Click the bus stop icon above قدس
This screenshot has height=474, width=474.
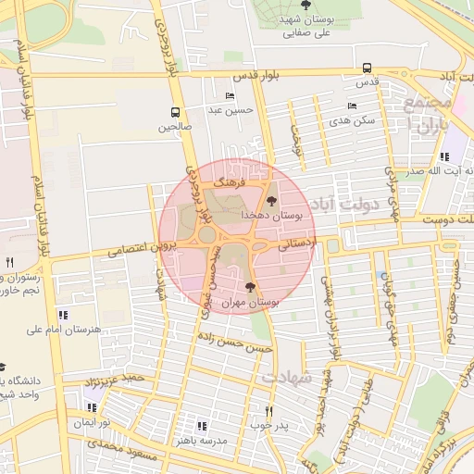click(x=368, y=68)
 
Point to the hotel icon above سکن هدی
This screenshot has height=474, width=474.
click(x=352, y=106)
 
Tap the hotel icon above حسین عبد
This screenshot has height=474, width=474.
click(x=230, y=96)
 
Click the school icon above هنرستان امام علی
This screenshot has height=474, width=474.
click(x=63, y=315)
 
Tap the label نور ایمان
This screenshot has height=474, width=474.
click(x=92, y=422)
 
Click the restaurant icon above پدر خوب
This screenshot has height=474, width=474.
click(x=269, y=410)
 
